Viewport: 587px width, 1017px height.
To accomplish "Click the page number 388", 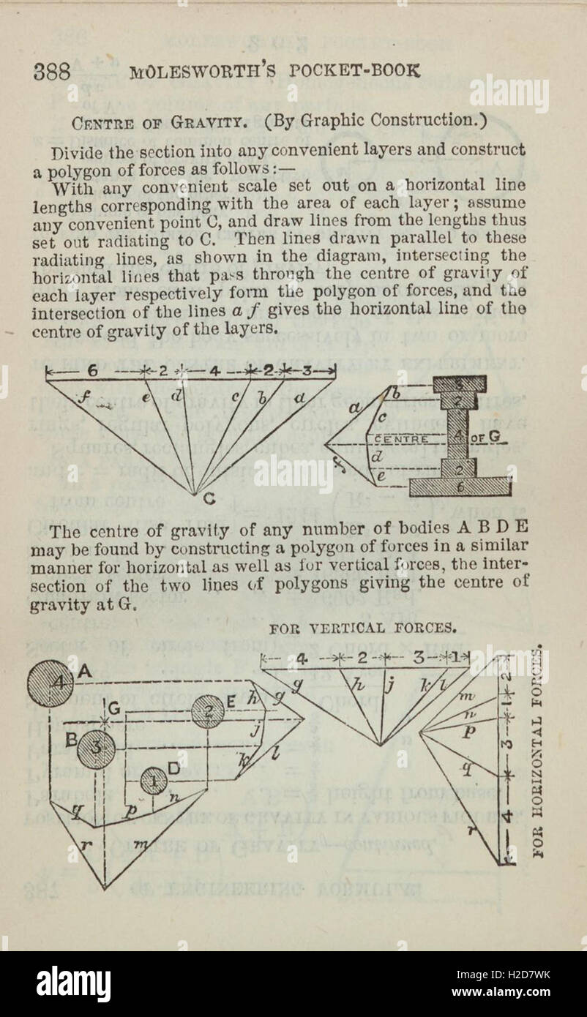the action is (x=51, y=72).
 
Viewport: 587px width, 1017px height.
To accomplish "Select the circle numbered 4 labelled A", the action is (x=51, y=683).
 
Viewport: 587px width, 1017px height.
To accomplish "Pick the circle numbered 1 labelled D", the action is (x=154, y=781).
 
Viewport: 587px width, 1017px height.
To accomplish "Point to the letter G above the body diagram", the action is (x=115, y=708).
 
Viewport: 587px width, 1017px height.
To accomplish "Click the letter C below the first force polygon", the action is (x=209, y=500).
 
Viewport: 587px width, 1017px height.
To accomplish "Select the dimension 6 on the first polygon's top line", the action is (x=93, y=371).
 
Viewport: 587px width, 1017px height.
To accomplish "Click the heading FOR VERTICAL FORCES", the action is (x=363, y=628).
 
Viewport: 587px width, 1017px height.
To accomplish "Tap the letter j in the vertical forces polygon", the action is (x=390, y=686).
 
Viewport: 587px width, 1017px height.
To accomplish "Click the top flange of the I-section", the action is (x=459, y=383).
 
